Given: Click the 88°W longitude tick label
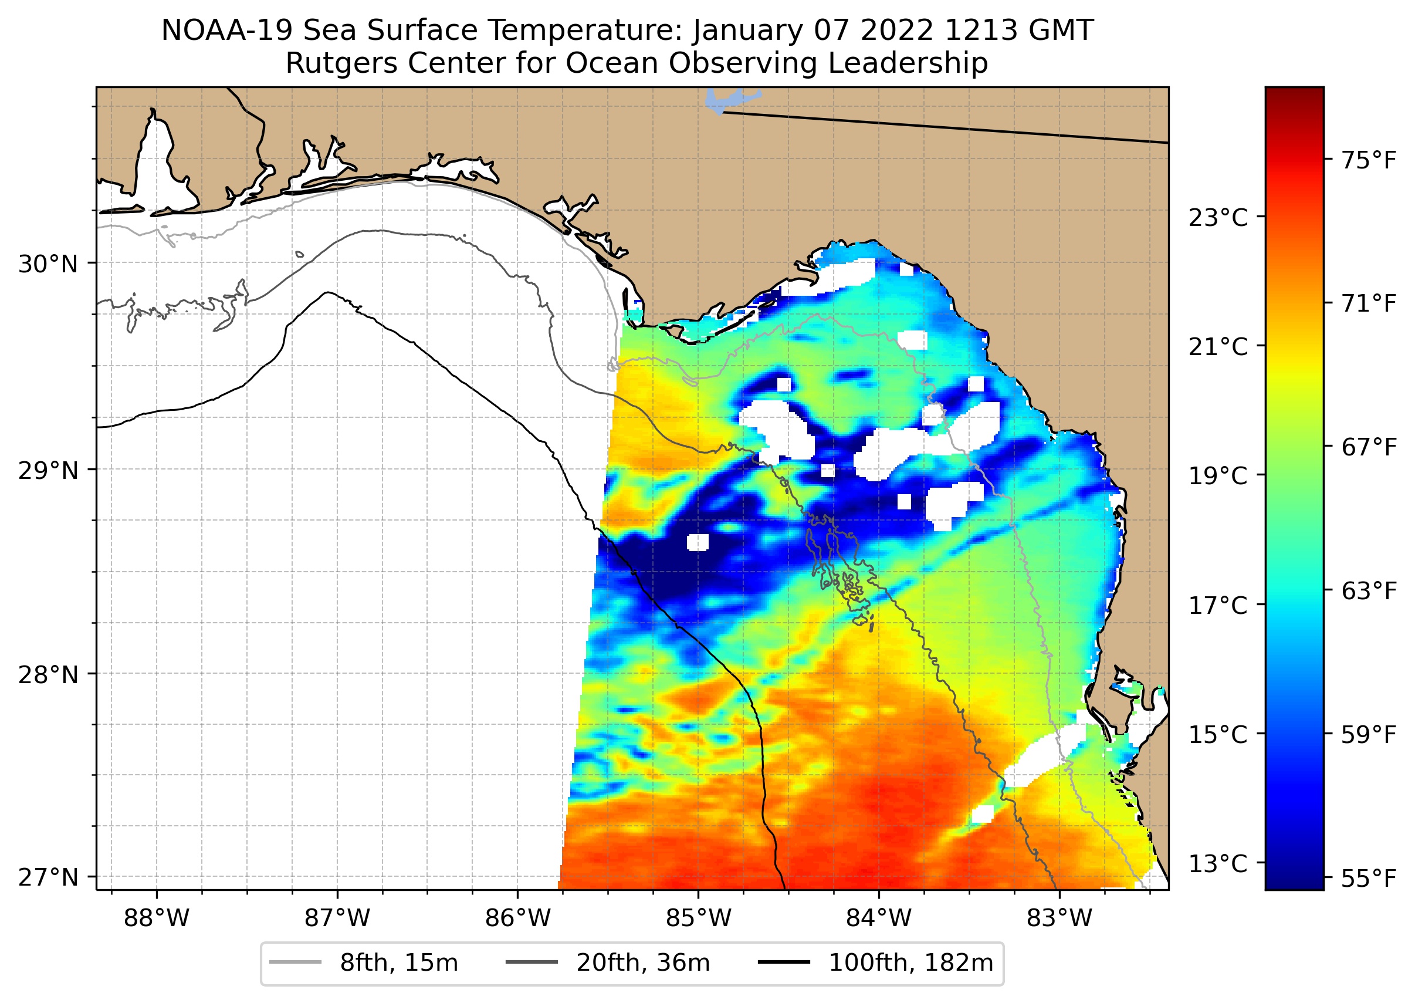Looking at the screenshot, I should pyautogui.click(x=156, y=918).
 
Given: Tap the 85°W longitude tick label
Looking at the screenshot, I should pyautogui.click(x=698, y=918).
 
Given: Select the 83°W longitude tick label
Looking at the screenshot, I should pyautogui.click(x=1059, y=918).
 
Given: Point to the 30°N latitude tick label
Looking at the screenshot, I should pyautogui.click(x=48, y=264).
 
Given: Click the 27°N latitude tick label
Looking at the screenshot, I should pyautogui.click(x=48, y=877).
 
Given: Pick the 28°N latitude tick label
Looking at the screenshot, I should pyautogui.click(x=48, y=675).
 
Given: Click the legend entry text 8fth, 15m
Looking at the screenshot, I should pyautogui.click(x=399, y=963).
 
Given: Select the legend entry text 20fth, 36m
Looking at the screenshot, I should pyautogui.click(x=644, y=963).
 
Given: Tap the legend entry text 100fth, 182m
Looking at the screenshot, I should pyautogui.click(x=910, y=963).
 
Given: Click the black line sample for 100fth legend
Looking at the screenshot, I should pyautogui.click(x=784, y=963).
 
